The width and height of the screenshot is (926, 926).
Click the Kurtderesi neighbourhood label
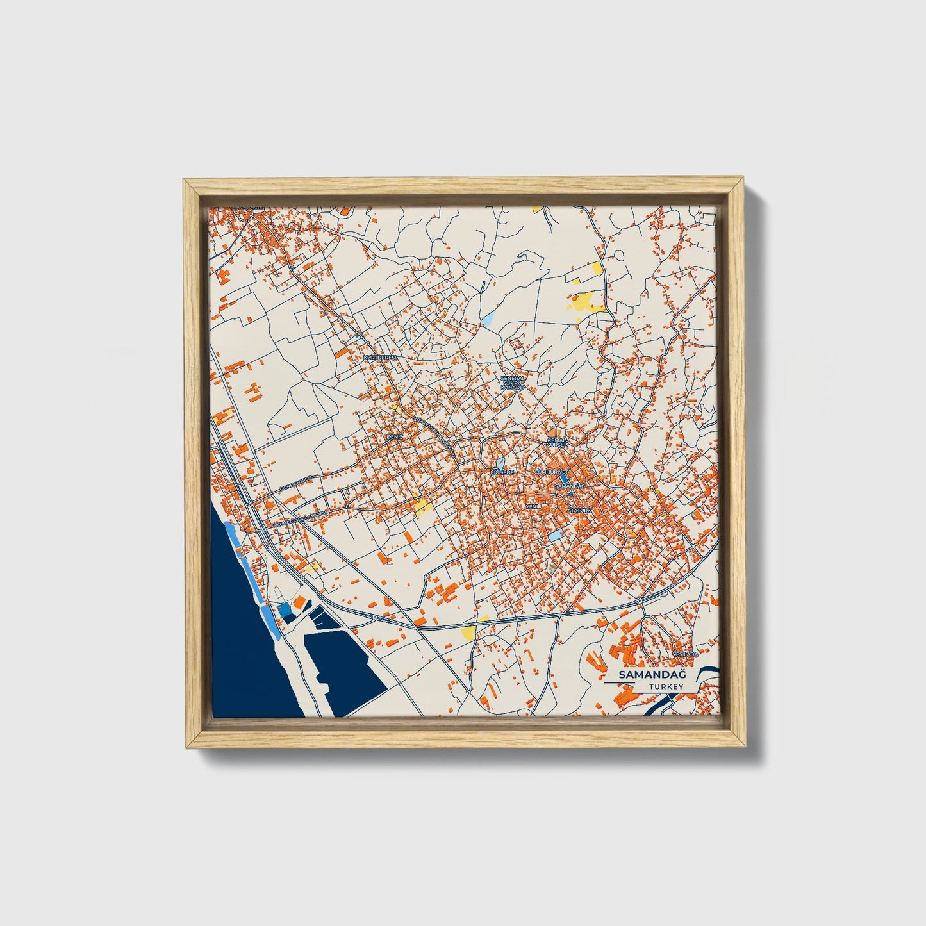(x=381, y=356)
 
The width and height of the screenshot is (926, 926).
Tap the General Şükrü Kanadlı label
(x=512, y=383)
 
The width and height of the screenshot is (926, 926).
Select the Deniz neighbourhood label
(x=393, y=436)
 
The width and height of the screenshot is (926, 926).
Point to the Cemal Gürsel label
(x=557, y=443)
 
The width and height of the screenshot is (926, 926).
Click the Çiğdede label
(x=502, y=472)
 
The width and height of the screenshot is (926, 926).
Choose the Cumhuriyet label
(x=551, y=471)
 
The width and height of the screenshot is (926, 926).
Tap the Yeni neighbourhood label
(x=531, y=506)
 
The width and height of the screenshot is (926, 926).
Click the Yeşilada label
(x=684, y=654)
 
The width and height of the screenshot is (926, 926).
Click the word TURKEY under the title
(x=665, y=686)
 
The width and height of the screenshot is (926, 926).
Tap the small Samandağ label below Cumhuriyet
(x=569, y=487)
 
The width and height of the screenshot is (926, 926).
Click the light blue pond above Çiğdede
(x=499, y=462)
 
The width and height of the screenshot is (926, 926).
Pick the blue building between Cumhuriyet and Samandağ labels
(x=564, y=478)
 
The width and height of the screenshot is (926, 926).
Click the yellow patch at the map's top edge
(x=537, y=208)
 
